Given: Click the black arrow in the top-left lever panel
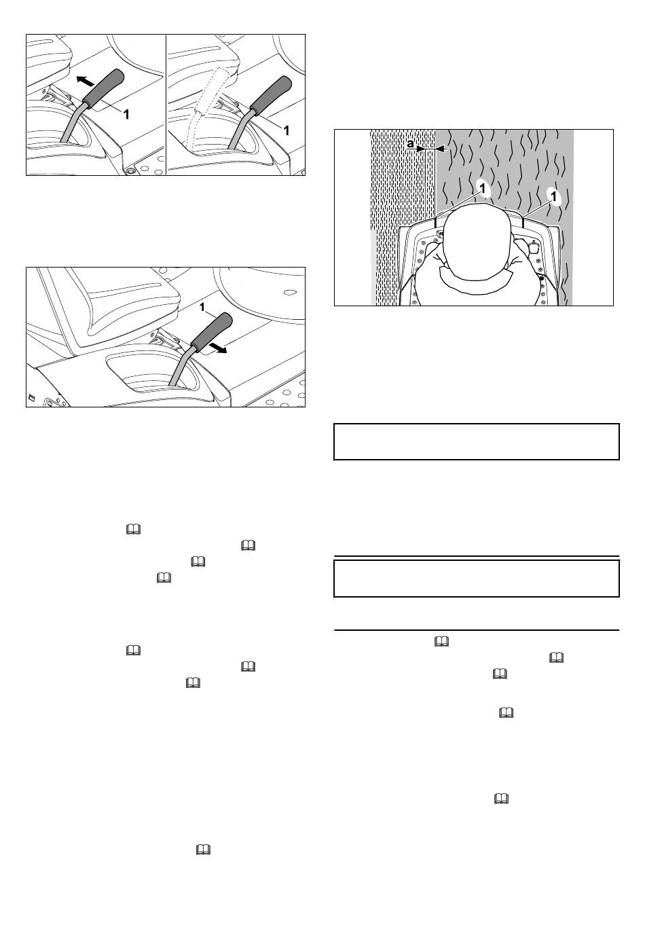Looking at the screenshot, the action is pyautogui.click(x=86, y=81).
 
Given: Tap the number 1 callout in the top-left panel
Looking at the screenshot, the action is pyautogui.click(x=126, y=114).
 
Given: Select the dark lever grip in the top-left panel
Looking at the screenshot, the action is pyautogui.click(x=104, y=87).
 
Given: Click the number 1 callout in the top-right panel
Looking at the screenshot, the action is pyautogui.click(x=286, y=131).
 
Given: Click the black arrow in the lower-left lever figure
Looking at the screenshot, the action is pyautogui.click(x=218, y=348).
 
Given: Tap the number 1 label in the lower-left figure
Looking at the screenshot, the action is pyautogui.click(x=202, y=308).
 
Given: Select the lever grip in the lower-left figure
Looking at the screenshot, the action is pyautogui.click(x=211, y=329).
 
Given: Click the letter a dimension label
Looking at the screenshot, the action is pyautogui.click(x=411, y=144).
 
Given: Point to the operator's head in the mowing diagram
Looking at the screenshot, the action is pyautogui.click(x=477, y=242).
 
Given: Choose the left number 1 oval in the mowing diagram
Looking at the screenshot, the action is pyautogui.click(x=483, y=189).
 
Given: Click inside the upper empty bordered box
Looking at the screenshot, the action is pyautogui.click(x=477, y=441).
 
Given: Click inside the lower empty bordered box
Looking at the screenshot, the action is pyautogui.click(x=477, y=578).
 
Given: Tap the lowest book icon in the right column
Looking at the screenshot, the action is pyautogui.click(x=501, y=799).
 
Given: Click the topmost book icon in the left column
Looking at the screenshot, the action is pyautogui.click(x=133, y=530).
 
